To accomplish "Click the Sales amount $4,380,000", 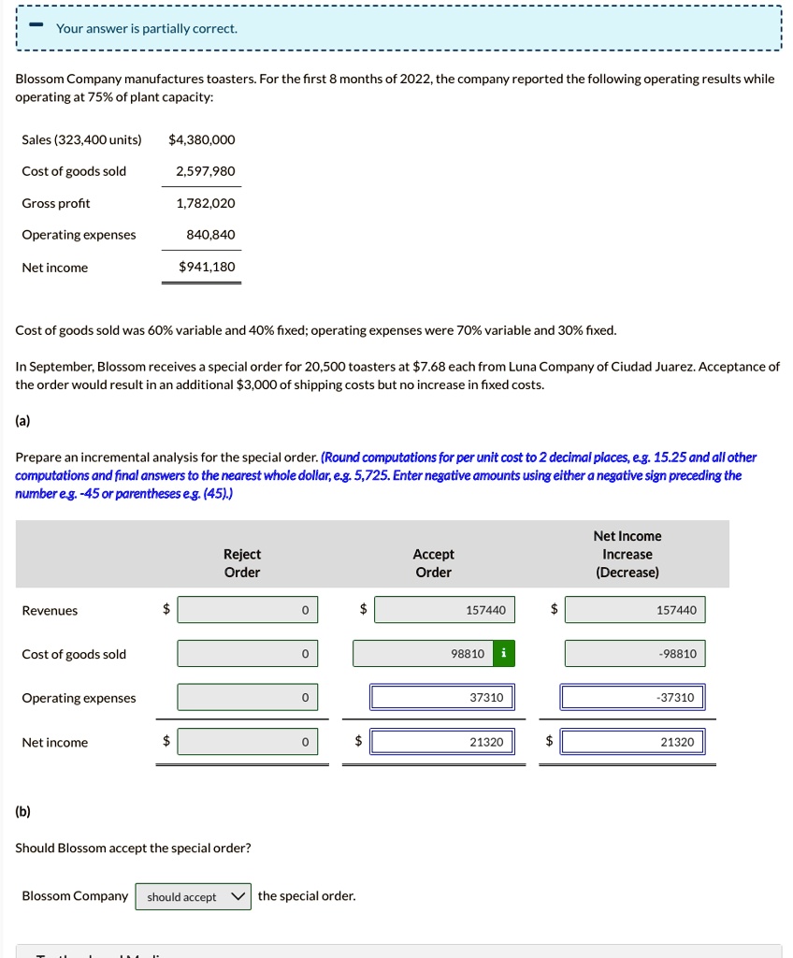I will [x=201, y=139].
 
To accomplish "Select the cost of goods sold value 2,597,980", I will [x=205, y=171].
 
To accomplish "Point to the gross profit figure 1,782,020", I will [x=205, y=203].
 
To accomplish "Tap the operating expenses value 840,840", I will [x=210, y=234].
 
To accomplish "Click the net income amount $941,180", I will [x=207, y=267].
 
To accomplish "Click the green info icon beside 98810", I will [x=504, y=653].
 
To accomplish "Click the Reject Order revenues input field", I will [x=247, y=610].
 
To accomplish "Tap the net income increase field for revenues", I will [x=634, y=610].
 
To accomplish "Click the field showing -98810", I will [x=634, y=653].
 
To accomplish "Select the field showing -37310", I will [x=634, y=698].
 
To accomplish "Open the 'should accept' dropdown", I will [x=194, y=896].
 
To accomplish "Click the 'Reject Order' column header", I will [x=242, y=563].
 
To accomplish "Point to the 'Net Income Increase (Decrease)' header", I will [x=627, y=554].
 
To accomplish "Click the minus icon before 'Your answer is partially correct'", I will [x=35, y=26].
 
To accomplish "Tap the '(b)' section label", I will [x=22, y=811].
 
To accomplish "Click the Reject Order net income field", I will [x=247, y=742].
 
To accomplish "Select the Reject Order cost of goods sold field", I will [x=247, y=653].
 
